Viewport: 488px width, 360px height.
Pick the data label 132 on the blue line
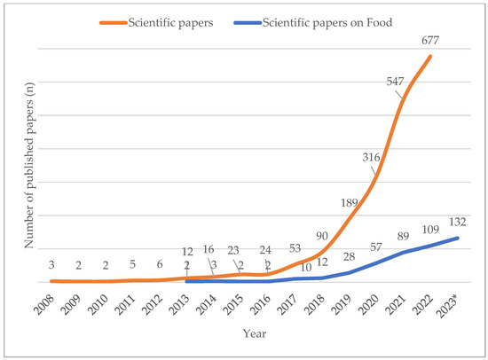(x=458, y=223)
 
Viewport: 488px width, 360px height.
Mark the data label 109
(x=430, y=229)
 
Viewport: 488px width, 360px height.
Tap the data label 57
(x=377, y=247)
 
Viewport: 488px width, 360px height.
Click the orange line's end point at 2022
(x=430, y=57)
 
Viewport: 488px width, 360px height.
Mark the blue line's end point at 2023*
(x=457, y=238)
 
